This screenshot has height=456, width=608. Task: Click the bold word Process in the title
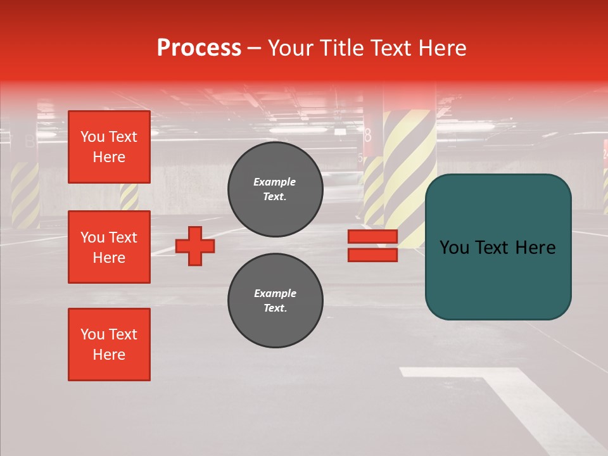coord(199,48)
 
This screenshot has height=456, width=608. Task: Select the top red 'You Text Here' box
coord(109,147)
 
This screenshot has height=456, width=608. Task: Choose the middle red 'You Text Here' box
coord(109,247)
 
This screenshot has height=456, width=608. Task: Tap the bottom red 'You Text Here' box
coord(109,345)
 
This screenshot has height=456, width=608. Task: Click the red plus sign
coord(195,246)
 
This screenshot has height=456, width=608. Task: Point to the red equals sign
coord(372,246)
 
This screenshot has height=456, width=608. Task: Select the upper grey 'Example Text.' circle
coord(275,189)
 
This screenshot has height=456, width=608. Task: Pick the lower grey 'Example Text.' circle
coord(275,301)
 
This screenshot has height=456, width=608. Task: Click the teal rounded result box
coord(498,247)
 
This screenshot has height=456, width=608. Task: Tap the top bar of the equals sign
coord(372,237)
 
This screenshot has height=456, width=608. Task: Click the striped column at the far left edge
coord(25,194)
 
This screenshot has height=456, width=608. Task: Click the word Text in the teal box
coord(497,247)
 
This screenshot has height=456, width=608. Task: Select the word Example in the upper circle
coord(275,182)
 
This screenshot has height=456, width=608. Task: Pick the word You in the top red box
coord(92,137)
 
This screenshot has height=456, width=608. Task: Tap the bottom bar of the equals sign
coord(372,255)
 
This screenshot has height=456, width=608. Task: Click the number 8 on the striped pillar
coord(367,135)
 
